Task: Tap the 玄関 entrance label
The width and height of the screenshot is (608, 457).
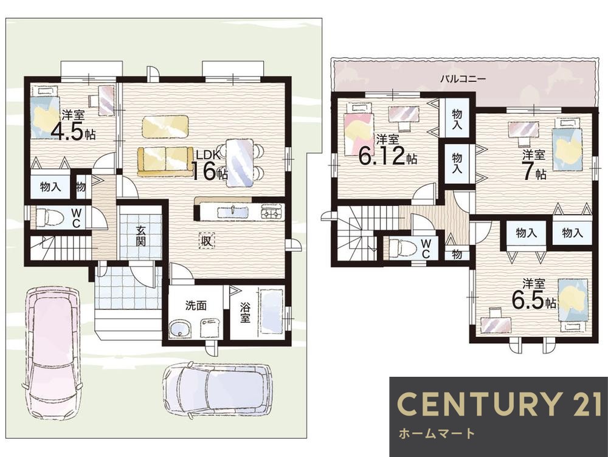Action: click(x=141, y=236)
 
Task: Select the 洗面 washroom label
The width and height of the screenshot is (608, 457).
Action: click(x=195, y=306)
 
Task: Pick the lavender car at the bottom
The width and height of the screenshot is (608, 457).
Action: click(x=217, y=390)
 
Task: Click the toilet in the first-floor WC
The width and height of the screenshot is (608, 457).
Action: click(x=50, y=218)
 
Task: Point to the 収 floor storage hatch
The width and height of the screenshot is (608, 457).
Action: click(x=206, y=240)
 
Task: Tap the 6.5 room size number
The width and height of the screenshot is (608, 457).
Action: click(x=528, y=300)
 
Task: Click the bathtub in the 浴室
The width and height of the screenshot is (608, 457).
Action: click(x=272, y=311)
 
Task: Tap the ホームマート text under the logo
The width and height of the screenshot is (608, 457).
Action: click(x=436, y=433)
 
